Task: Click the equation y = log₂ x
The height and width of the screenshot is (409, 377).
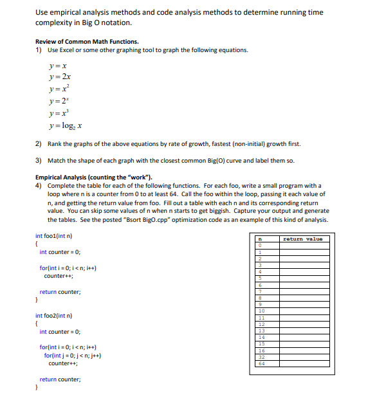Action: click(66, 125)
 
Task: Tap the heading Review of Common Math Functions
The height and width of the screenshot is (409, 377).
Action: click(87, 42)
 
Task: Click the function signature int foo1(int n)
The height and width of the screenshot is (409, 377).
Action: click(53, 235)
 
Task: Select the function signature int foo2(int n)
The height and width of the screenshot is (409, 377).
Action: click(53, 316)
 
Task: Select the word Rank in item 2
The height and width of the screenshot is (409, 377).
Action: click(55, 144)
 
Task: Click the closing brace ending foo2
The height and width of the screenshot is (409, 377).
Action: click(37, 388)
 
